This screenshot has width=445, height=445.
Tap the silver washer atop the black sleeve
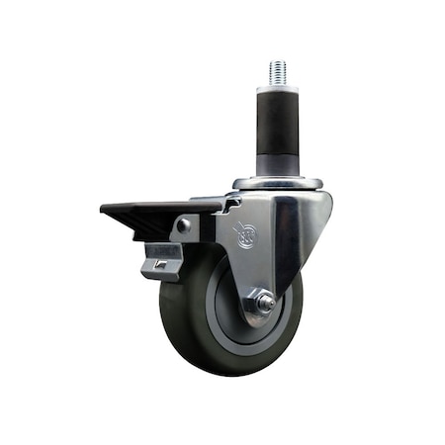[x=276, y=89]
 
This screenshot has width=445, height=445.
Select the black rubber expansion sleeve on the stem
[x=276, y=124]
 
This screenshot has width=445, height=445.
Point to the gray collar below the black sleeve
[x=276, y=165]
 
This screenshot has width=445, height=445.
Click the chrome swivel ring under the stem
[x=278, y=183]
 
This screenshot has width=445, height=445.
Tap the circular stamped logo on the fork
[x=244, y=236]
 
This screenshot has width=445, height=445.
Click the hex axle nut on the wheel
[x=260, y=303]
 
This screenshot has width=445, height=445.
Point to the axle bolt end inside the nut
[x=264, y=305]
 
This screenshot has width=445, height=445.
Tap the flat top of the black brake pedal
[x=148, y=209]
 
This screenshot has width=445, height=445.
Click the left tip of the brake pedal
[x=103, y=211]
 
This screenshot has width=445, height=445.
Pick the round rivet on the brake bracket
[x=183, y=226]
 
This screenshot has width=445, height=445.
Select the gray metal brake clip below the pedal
[x=162, y=261]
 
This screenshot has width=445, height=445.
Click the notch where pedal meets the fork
[x=229, y=204]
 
